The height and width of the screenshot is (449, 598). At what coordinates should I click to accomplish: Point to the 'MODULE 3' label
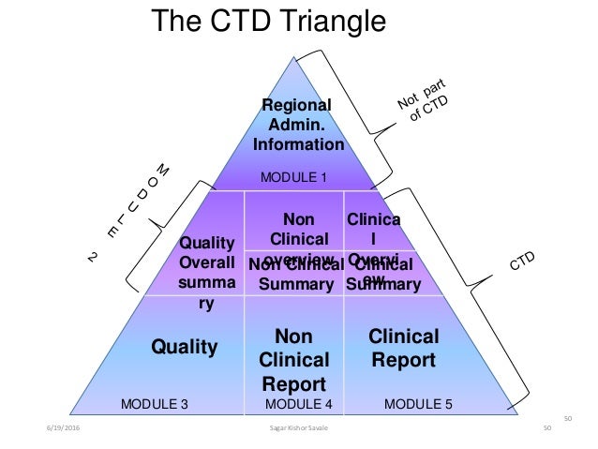point(156,405)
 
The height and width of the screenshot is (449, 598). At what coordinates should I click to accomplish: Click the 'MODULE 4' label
point(300,405)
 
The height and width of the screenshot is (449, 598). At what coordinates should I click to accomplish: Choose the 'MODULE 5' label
point(419,405)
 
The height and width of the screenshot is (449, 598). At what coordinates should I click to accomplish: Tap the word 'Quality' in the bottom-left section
point(185,348)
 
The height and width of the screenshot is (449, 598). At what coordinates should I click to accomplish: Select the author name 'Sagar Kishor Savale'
point(300,429)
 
